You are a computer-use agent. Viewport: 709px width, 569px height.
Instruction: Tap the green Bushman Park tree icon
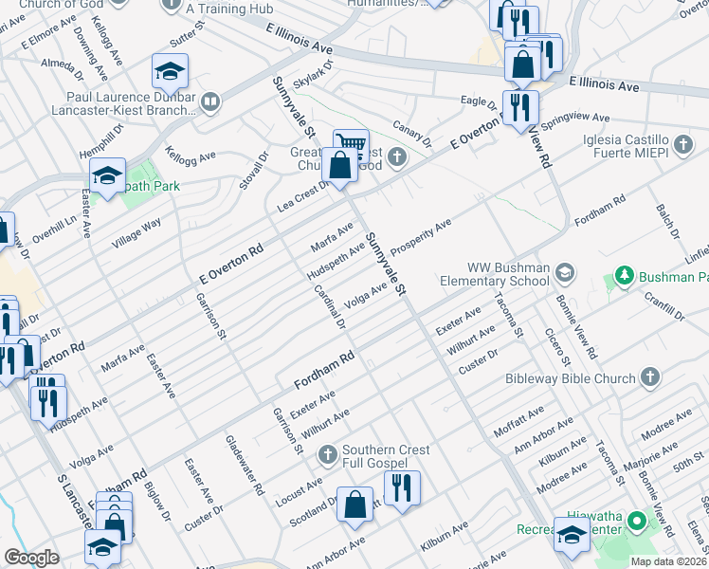(625, 277)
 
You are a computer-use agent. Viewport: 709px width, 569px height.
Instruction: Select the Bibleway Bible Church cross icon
(649, 378)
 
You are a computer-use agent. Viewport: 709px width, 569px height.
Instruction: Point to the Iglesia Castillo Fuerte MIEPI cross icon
(683, 146)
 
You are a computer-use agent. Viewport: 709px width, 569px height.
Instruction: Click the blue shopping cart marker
(351, 144)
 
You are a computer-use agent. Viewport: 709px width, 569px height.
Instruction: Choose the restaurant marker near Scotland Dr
(402, 487)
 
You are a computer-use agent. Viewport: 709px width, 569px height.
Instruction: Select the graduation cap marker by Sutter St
(170, 71)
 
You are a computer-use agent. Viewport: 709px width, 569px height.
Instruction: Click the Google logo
(31, 558)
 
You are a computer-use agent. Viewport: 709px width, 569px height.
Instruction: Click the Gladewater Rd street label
(244, 466)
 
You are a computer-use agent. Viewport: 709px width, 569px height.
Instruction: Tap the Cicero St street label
(556, 347)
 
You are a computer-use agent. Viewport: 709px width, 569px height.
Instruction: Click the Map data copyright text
(669, 560)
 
